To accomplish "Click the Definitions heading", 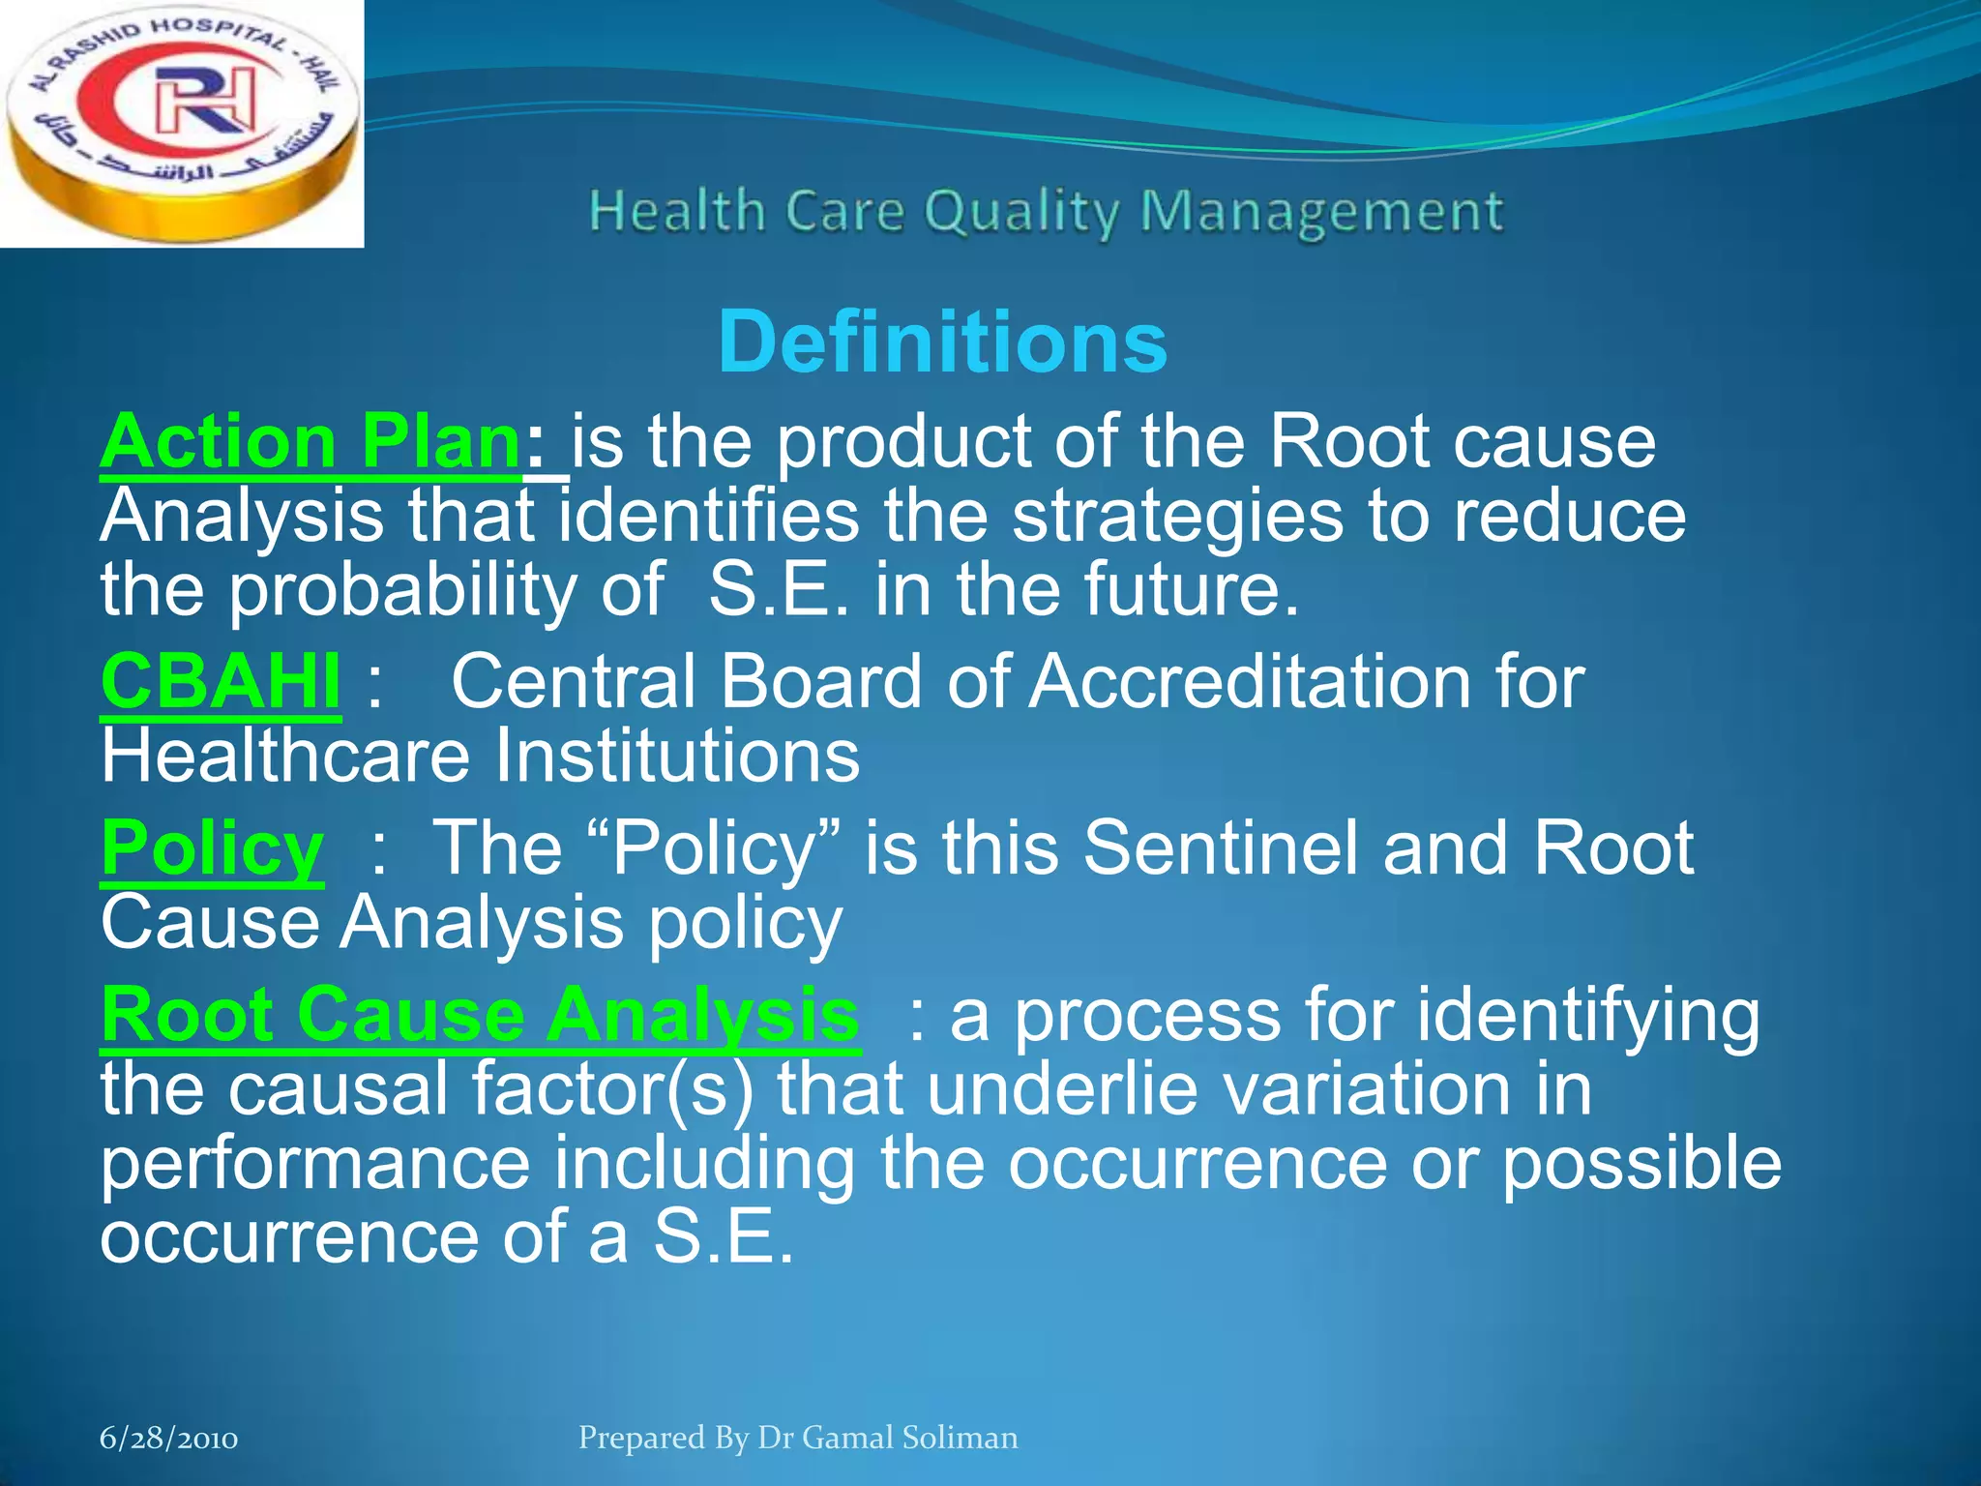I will (x=942, y=342).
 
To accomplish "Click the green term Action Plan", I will (x=311, y=442).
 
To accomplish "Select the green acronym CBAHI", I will (x=221, y=681).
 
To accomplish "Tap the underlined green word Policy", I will (x=212, y=848).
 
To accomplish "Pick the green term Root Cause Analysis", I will (x=480, y=1015).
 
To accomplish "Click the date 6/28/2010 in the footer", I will (x=169, y=1439).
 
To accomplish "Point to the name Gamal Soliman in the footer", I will (x=909, y=1438).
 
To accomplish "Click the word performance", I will (x=315, y=1164).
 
